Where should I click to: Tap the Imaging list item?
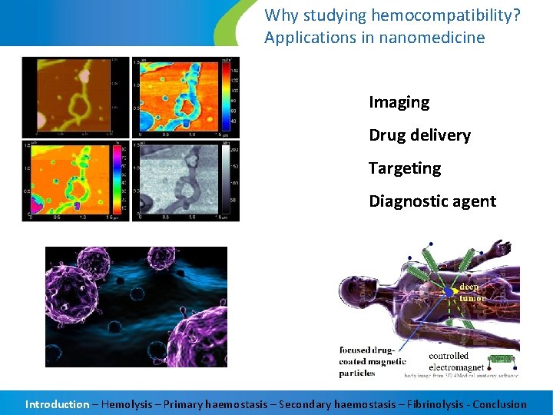(399, 102)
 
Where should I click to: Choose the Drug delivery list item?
(419, 135)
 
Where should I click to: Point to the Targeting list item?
(405, 168)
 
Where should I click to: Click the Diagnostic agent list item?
(432, 201)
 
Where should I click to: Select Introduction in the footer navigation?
(57, 404)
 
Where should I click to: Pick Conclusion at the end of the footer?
(499, 404)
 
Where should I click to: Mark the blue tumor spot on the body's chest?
(449, 293)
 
